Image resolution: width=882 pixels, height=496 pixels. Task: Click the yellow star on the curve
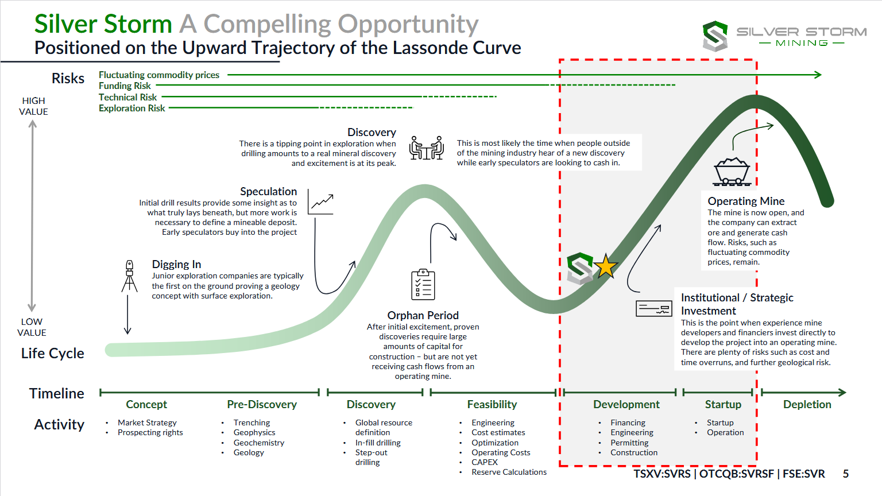pyautogui.click(x=605, y=266)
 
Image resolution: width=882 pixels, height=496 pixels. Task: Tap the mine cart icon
pyautogui.click(x=732, y=172)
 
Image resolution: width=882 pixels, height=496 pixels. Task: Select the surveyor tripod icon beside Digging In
pyautogui.click(x=130, y=276)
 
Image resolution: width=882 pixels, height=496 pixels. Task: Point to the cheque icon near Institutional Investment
pyautogui.click(x=653, y=308)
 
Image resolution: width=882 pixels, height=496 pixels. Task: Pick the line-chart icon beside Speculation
pyautogui.click(x=320, y=202)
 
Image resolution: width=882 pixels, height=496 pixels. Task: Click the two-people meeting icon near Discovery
pyautogui.click(x=426, y=148)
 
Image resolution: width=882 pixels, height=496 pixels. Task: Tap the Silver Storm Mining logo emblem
pyautogui.click(x=715, y=36)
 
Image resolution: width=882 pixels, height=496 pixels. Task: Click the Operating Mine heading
pyautogui.click(x=746, y=201)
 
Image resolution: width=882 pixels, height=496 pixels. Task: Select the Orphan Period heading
pyautogui.click(x=423, y=315)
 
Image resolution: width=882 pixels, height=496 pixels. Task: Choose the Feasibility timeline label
pyautogui.click(x=492, y=404)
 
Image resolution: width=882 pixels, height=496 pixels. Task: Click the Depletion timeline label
pyautogui.click(x=807, y=404)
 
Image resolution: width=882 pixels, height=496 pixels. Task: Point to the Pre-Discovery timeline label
pyautogui.click(x=262, y=404)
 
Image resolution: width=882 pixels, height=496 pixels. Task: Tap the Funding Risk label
pyautogui.click(x=125, y=86)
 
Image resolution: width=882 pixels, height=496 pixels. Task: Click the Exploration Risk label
pyautogui.click(x=131, y=108)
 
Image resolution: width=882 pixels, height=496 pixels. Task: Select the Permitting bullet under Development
pyautogui.click(x=629, y=443)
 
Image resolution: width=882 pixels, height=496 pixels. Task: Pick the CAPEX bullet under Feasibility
pyautogui.click(x=485, y=462)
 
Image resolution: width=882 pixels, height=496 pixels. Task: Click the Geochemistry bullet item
pyautogui.click(x=258, y=443)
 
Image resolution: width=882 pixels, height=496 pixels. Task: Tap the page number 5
pyautogui.click(x=845, y=474)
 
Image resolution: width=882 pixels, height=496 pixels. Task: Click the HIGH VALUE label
pyautogui.click(x=33, y=106)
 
